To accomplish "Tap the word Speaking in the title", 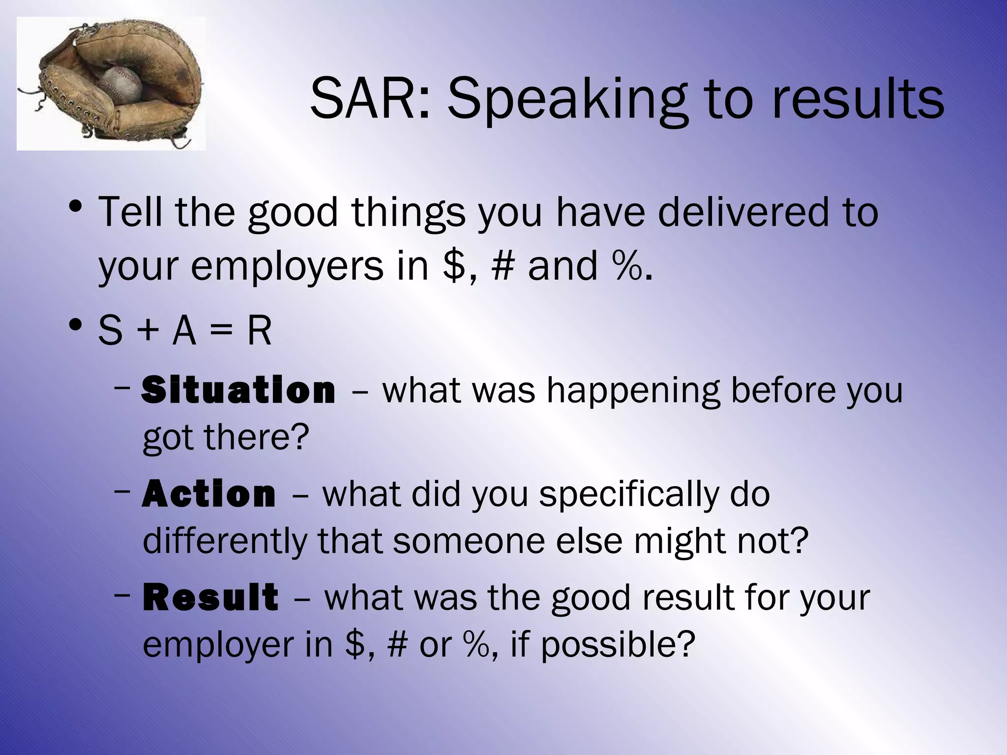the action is tap(566, 101).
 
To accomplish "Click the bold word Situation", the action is tap(238, 390).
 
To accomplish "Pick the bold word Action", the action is tap(209, 494).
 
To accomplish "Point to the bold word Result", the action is tap(210, 598).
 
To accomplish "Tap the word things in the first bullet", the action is tap(408, 213).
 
